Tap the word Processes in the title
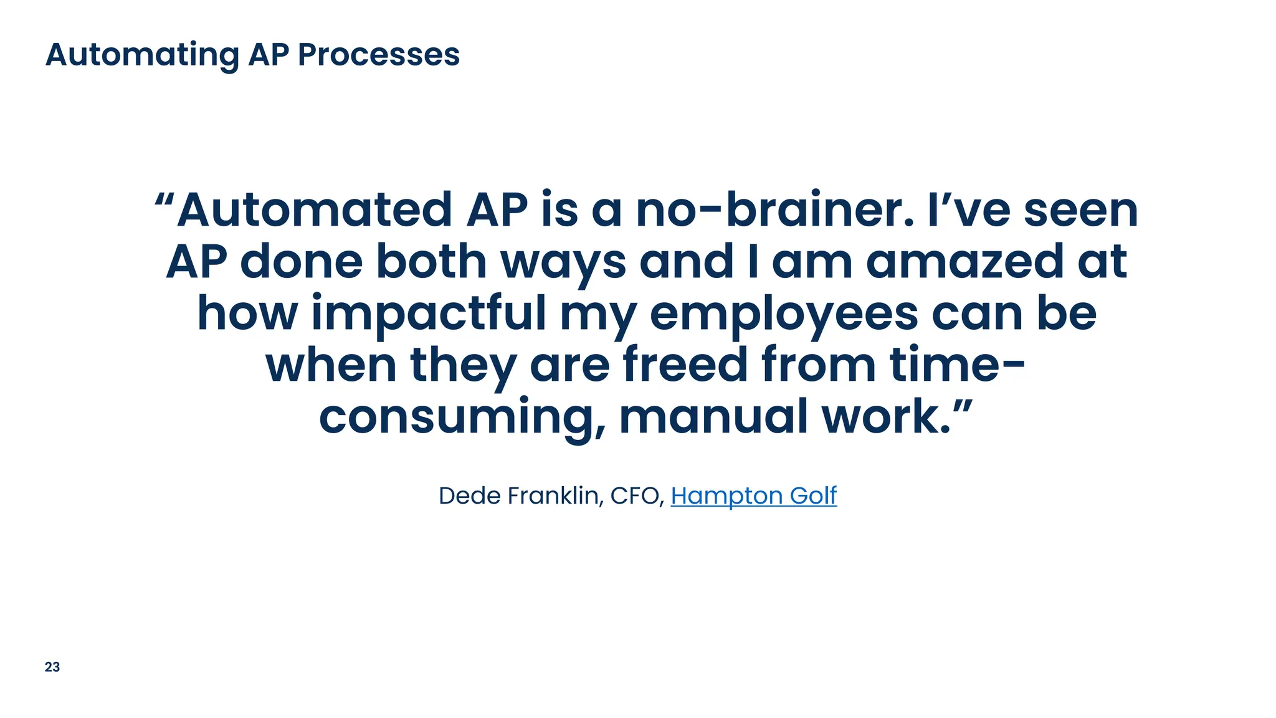pos(378,55)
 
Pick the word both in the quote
pos(431,262)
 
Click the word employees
pos(783,314)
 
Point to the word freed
pos(685,365)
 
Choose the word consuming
pos(461,418)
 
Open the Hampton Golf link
pos(753,496)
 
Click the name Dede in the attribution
pos(470,496)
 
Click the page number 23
pos(52,667)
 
